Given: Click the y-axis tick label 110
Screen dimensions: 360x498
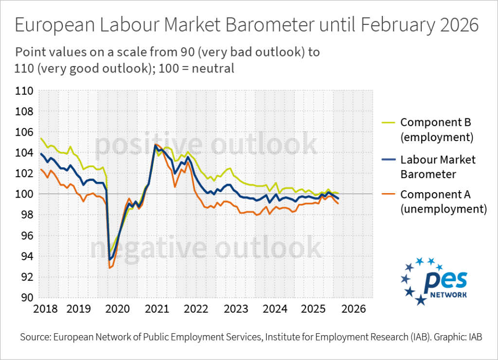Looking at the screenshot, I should click(x=24, y=90).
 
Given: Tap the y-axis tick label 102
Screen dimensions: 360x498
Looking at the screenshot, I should click(x=24, y=174).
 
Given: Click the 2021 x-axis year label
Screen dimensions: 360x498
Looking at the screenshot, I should click(x=157, y=309).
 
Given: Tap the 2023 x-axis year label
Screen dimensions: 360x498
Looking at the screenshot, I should click(x=235, y=309).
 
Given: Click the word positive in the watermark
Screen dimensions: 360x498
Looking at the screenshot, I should click(x=141, y=145).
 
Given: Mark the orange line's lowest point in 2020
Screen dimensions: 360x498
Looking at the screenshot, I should click(x=110, y=268).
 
